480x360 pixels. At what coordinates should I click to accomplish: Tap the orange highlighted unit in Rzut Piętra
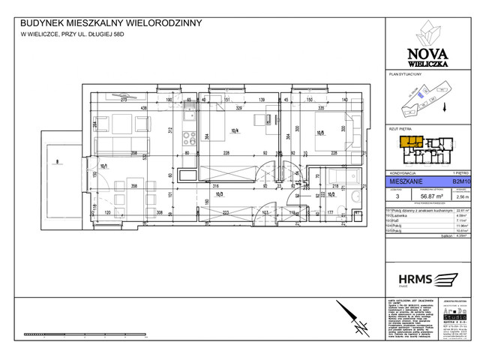[x=409, y=141]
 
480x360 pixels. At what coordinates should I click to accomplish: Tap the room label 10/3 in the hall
[x=220, y=194]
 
